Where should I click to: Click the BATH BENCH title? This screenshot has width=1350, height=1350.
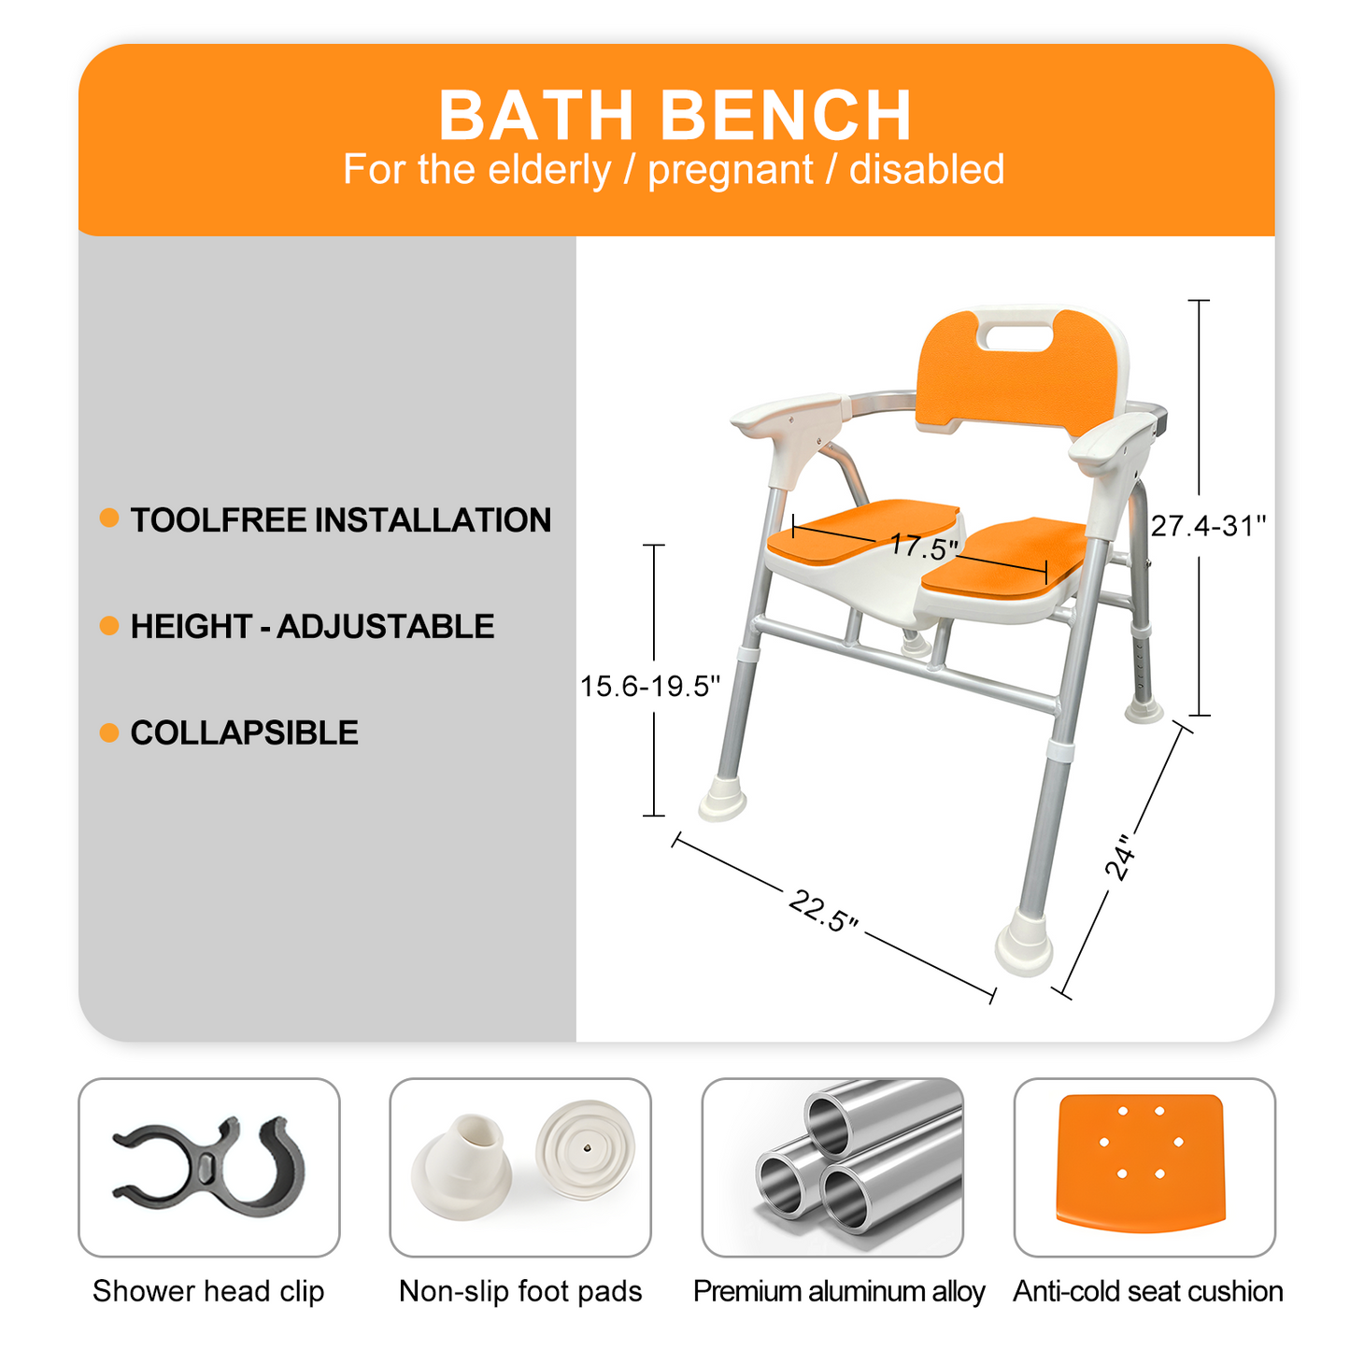tap(675, 115)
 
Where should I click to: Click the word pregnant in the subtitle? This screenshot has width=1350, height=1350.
tap(730, 170)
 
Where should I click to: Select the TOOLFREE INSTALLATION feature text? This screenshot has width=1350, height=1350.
tap(340, 520)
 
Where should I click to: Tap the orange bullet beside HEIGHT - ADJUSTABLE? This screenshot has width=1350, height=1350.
tap(109, 626)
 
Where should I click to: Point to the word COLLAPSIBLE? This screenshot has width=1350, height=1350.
tap(244, 732)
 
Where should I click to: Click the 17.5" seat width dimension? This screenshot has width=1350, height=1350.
tap(923, 546)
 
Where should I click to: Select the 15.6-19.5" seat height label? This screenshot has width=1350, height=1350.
tap(650, 687)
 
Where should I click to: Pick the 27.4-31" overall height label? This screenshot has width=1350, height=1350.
tap(1207, 527)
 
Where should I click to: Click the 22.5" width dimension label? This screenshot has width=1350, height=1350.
tap(823, 911)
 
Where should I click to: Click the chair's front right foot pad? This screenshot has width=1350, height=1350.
tap(1024, 946)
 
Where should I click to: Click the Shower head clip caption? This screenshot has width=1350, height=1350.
tap(208, 1291)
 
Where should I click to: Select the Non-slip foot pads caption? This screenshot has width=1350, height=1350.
tap(520, 1291)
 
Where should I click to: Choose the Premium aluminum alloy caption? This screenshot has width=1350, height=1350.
tap(838, 1291)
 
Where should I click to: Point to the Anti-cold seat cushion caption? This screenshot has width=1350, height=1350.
tap(1147, 1291)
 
